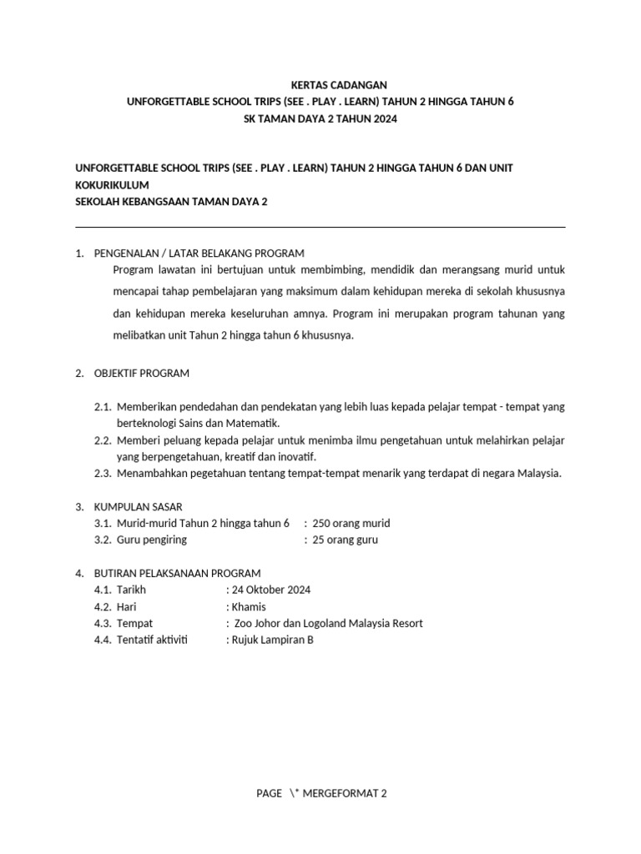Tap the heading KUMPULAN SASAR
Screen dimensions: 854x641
(x=139, y=506)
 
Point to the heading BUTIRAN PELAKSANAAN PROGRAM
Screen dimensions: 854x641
(x=178, y=573)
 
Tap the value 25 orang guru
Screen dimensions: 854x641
(x=345, y=540)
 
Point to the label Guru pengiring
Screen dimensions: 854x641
(x=152, y=540)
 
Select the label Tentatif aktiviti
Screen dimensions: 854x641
(x=153, y=640)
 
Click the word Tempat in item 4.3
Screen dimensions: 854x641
(x=135, y=623)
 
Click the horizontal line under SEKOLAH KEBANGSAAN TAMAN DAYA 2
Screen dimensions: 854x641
(x=320, y=227)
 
